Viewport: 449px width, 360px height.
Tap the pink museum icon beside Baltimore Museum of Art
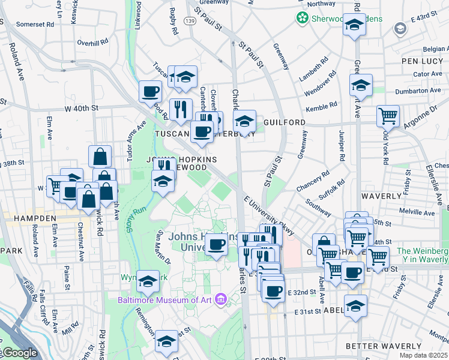point(221,299)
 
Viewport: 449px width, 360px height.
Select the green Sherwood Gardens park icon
point(302,19)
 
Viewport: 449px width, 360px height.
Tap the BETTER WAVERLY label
point(384,346)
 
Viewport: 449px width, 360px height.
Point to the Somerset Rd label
point(35,25)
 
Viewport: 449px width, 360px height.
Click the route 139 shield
point(190,21)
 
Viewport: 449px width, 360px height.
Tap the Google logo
point(19,353)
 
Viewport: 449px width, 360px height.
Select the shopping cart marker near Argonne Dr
point(388,115)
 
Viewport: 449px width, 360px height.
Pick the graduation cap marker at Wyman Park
point(148,281)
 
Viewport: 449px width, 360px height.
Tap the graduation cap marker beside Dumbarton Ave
point(361,86)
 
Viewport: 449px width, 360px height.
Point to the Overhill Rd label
point(93,43)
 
